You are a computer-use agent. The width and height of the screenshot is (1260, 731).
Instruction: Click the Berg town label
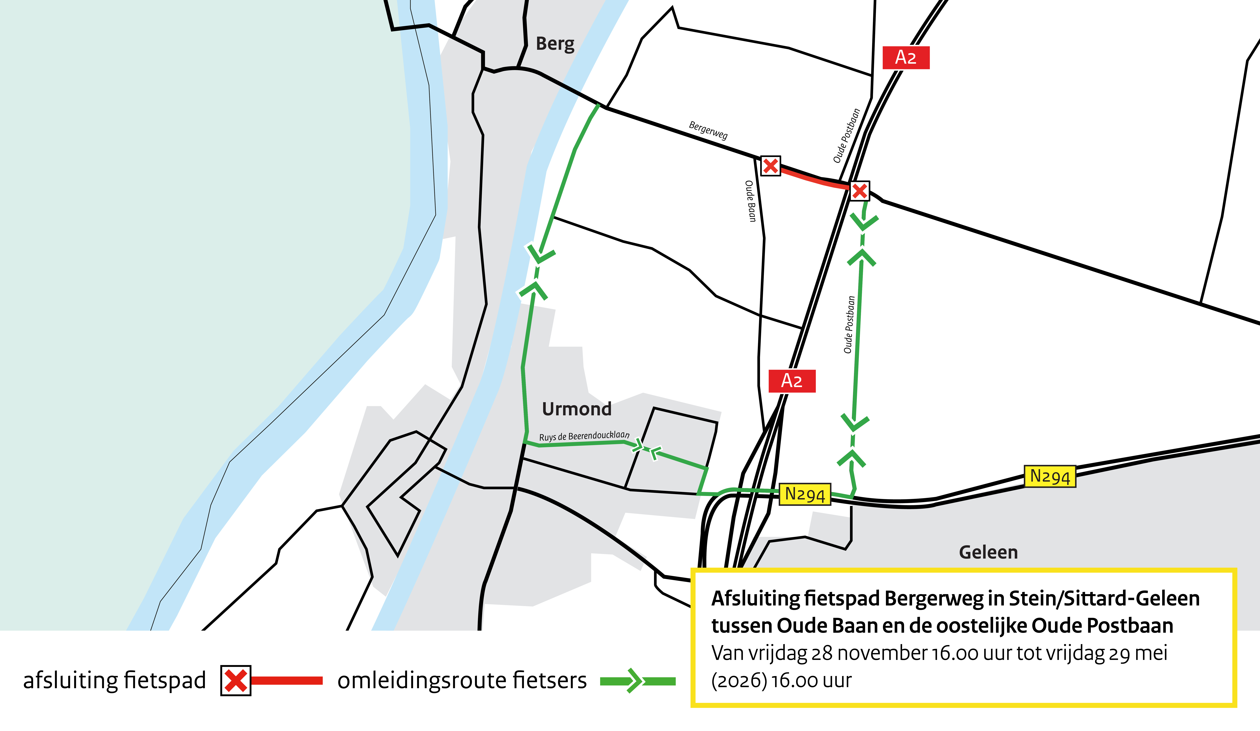(x=555, y=44)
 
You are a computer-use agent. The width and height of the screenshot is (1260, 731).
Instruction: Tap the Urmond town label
(x=577, y=409)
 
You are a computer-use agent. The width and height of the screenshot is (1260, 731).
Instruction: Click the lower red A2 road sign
(x=792, y=381)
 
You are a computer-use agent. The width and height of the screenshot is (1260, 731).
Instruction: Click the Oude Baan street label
(x=750, y=201)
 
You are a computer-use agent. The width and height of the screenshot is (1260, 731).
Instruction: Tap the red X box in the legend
(x=235, y=680)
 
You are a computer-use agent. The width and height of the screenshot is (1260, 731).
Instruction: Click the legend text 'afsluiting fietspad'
(x=114, y=680)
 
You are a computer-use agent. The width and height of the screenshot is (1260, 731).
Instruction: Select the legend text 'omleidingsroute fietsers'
(x=462, y=680)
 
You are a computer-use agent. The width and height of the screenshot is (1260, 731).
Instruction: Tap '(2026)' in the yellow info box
(x=738, y=680)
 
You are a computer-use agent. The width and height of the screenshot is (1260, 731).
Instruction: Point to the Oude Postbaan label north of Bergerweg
(x=846, y=136)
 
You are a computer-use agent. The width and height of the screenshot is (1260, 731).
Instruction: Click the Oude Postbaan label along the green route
(x=849, y=325)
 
